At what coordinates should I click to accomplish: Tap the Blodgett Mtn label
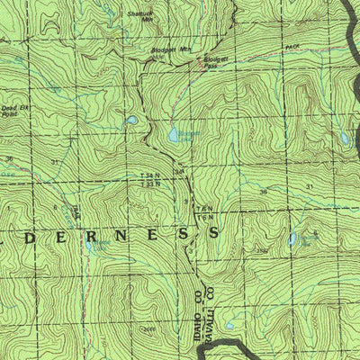(x=173, y=50)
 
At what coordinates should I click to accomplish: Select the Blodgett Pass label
(x=213, y=63)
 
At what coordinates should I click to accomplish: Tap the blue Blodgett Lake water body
(x=174, y=135)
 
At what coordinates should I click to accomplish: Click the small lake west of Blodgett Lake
(x=131, y=119)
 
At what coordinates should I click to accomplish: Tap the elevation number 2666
(x=148, y=329)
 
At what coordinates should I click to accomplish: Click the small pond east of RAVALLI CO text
(x=230, y=325)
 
